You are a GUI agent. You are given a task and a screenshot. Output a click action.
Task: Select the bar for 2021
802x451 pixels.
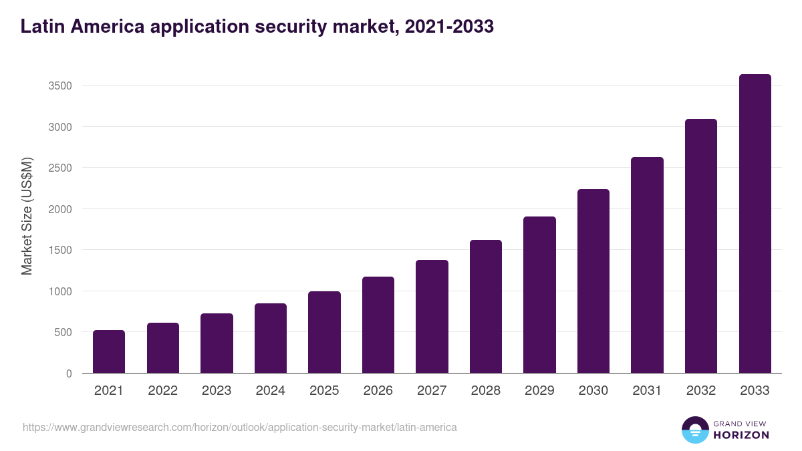click(x=109, y=351)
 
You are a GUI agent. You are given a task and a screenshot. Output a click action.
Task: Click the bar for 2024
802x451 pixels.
click(x=271, y=338)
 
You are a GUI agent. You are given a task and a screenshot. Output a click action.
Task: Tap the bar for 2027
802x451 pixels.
click(x=432, y=316)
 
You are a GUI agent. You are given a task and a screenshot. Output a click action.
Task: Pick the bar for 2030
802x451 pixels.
click(x=593, y=281)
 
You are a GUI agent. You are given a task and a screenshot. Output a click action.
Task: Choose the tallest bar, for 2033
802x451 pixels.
click(x=755, y=223)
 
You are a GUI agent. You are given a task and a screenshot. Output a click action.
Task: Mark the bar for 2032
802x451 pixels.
click(x=701, y=246)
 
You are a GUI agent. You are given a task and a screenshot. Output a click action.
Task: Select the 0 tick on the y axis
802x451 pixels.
click(x=69, y=373)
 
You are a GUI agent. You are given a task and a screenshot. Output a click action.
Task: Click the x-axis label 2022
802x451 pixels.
click(x=162, y=391)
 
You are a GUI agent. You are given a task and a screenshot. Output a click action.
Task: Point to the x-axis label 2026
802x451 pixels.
click(x=378, y=391)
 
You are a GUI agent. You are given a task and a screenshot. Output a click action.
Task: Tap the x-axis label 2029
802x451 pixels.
click(x=539, y=391)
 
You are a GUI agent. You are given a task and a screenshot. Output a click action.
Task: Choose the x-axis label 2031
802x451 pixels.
click(x=647, y=391)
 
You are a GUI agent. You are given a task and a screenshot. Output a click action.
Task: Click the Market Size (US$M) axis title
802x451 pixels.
click(x=27, y=216)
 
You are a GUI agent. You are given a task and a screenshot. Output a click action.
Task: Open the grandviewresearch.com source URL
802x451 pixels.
click(x=240, y=427)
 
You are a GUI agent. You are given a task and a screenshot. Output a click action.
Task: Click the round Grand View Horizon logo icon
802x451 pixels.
click(x=694, y=430)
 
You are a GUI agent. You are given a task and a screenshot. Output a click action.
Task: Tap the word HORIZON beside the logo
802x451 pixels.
click(x=741, y=435)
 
